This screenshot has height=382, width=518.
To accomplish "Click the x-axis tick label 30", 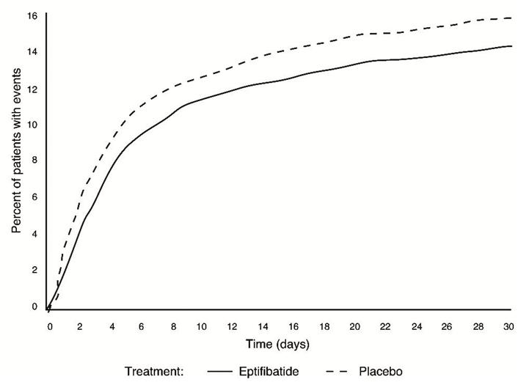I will coord(507,326).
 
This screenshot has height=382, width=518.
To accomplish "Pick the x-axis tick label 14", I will coord(261,326).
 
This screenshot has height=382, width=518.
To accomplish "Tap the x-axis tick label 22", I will coord(385,326).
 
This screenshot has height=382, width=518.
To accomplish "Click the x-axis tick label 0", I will coord(50,326).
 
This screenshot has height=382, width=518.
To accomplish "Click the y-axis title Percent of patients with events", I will coord(16,161).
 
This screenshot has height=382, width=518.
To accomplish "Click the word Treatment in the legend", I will coord(152,371).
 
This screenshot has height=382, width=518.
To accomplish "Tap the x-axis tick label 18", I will coord(323,326).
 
